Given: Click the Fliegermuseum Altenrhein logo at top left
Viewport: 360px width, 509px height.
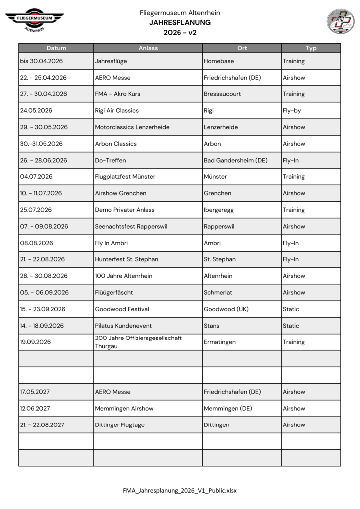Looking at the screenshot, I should pyautogui.click(x=34, y=20).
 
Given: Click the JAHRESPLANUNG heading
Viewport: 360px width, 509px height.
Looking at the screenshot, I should pyautogui.click(x=180, y=23).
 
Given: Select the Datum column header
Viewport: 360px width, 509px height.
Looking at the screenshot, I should pyautogui.click(x=56, y=48).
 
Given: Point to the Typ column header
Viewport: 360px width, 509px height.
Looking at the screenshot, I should pyautogui.click(x=311, y=48).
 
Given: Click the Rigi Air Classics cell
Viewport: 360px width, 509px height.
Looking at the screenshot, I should pyautogui.click(x=117, y=110).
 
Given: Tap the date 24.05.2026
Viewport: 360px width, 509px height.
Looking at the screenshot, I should pyautogui.click(x=36, y=110).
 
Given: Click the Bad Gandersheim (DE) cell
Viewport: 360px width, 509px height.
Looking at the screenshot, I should pyautogui.click(x=236, y=160).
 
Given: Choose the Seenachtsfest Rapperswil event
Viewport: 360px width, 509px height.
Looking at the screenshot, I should pyautogui.click(x=131, y=226).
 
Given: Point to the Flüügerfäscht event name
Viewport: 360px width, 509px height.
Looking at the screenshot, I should pyautogui.click(x=114, y=292).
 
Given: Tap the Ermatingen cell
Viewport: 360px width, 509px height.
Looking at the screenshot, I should pyautogui.click(x=220, y=342).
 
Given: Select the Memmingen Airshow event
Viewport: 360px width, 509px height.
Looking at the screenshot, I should pyautogui.click(x=124, y=408).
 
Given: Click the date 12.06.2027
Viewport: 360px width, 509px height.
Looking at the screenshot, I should pyautogui.click(x=35, y=408).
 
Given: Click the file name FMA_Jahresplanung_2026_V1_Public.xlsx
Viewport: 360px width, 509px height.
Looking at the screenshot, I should pyautogui.click(x=180, y=490).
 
